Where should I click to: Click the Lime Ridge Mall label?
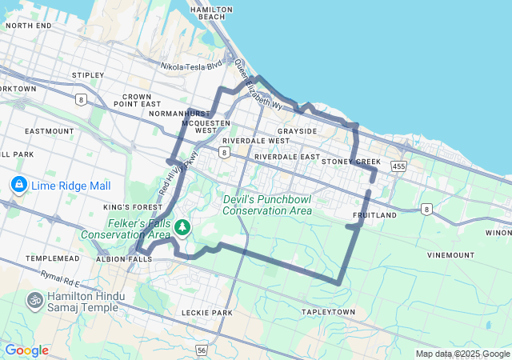click(x=70, y=186)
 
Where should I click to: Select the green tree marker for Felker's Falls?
click(x=183, y=228)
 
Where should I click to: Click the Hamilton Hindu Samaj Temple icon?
click(x=34, y=300)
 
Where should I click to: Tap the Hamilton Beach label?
click(x=211, y=13)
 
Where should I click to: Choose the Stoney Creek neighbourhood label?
click(x=350, y=162)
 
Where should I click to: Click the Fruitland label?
click(x=374, y=215)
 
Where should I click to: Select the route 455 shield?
click(x=398, y=166)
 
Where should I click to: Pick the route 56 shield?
click(x=201, y=350)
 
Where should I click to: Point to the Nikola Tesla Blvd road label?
click(x=191, y=67)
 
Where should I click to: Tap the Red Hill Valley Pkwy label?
click(x=177, y=174)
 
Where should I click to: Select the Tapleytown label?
click(x=327, y=311)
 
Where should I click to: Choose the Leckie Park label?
click(x=206, y=312)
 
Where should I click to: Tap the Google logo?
click(x=26, y=350)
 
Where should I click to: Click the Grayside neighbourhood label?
click(x=297, y=130)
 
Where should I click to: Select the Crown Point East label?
click(x=137, y=99)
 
